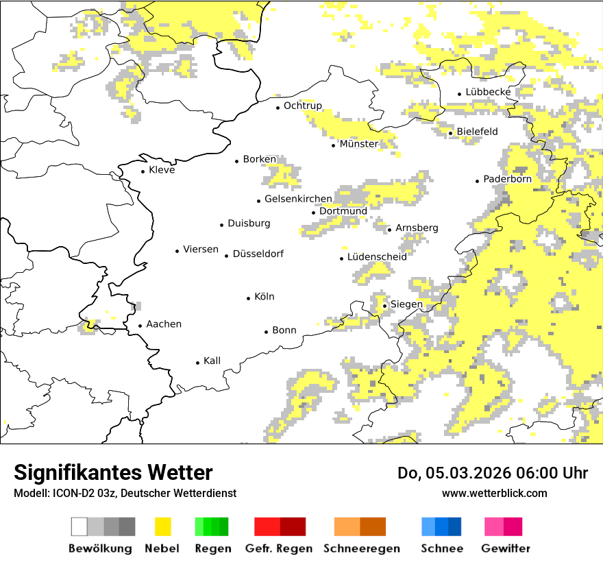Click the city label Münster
[358, 144]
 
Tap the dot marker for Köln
[249, 298]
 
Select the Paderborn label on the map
[507, 179]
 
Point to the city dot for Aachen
[140, 326]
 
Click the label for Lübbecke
[488, 92]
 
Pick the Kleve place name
[162, 170]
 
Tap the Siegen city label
[406, 304]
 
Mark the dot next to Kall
[198, 363]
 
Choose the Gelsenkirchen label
[298, 199]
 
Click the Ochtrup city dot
[278, 107]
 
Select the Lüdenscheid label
[377, 256]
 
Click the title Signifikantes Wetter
[113, 472]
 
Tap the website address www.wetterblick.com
[494, 493]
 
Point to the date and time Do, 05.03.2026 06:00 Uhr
[493, 473]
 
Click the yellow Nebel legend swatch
[162, 526]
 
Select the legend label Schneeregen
[362, 548]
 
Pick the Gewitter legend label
[505, 548]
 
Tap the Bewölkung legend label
[100, 548]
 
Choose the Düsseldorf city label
[258, 254]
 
